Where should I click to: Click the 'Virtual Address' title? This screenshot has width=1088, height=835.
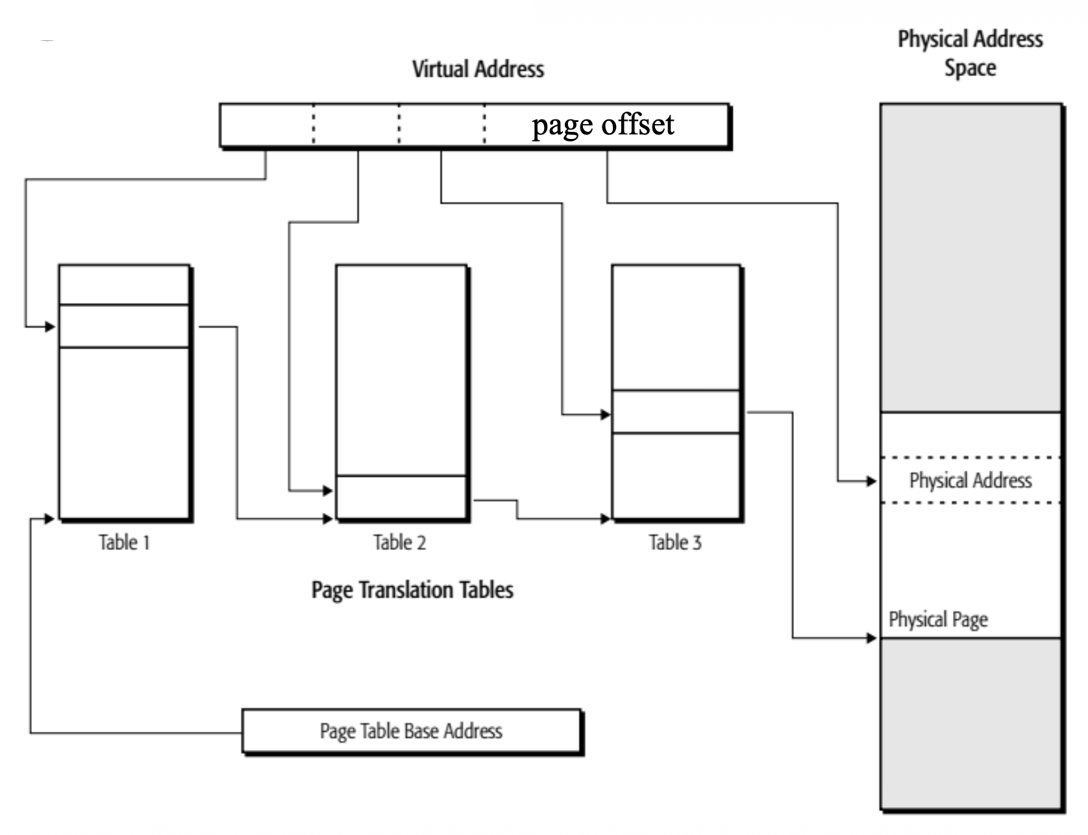(x=478, y=69)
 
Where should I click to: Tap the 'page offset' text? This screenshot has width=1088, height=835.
(x=602, y=124)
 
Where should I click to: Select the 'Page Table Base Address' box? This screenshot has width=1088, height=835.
(x=412, y=731)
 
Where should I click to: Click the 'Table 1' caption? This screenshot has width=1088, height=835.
(x=124, y=542)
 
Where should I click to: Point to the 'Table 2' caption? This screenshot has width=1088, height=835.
(x=399, y=542)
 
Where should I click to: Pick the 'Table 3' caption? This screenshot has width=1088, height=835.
(x=675, y=542)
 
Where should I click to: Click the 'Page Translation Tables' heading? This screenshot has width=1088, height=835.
(x=412, y=590)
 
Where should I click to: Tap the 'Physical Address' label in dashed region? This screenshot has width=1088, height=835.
(x=971, y=480)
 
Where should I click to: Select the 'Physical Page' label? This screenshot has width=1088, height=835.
(x=938, y=619)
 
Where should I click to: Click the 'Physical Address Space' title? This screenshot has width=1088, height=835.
(x=970, y=53)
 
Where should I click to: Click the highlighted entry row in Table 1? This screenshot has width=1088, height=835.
(x=124, y=326)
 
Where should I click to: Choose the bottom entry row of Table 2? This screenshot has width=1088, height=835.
(x=401, y=497)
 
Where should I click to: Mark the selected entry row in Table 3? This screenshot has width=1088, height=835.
(x=676, y=412)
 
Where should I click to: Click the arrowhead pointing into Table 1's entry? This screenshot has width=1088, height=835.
(x=51, y=327)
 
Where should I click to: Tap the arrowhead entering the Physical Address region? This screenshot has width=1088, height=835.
(x=872, y=481)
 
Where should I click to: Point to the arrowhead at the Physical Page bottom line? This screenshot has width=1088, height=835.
(x=872, y=638)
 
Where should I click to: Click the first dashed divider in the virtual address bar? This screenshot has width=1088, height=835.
(x=314, y=124)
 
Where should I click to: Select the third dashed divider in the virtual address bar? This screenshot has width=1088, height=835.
(x=484, y=124)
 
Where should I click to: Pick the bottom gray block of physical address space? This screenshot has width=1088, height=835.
(x=971, y=724)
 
